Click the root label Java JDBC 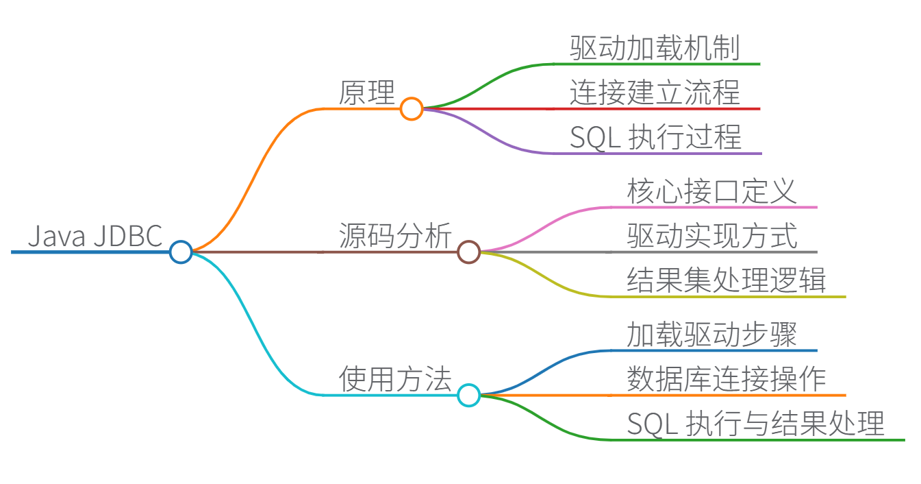click(x=94, y=237)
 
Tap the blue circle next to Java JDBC click(x=181, y=252)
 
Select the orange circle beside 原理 click(x=412, y=109)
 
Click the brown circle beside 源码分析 click(x=468, y=252)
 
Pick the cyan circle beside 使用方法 click(x=468, y=395)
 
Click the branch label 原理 click(x=367, y=93)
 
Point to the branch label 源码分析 click(x=395, y=237)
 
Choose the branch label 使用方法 click(x=395, y=379)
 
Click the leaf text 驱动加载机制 click(x=655, y=48)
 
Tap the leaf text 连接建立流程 click(x=655, y=93)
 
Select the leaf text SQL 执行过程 click(x=655, y=137)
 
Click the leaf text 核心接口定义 click(x=712, y=191)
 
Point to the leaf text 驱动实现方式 click(x=712, y=236)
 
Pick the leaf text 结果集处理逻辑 click(x=727, y=280)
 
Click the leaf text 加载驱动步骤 click(x=712, y=335)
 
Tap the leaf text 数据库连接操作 click(x=727, y=379)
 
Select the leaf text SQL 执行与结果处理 click(x=755, y=424)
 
